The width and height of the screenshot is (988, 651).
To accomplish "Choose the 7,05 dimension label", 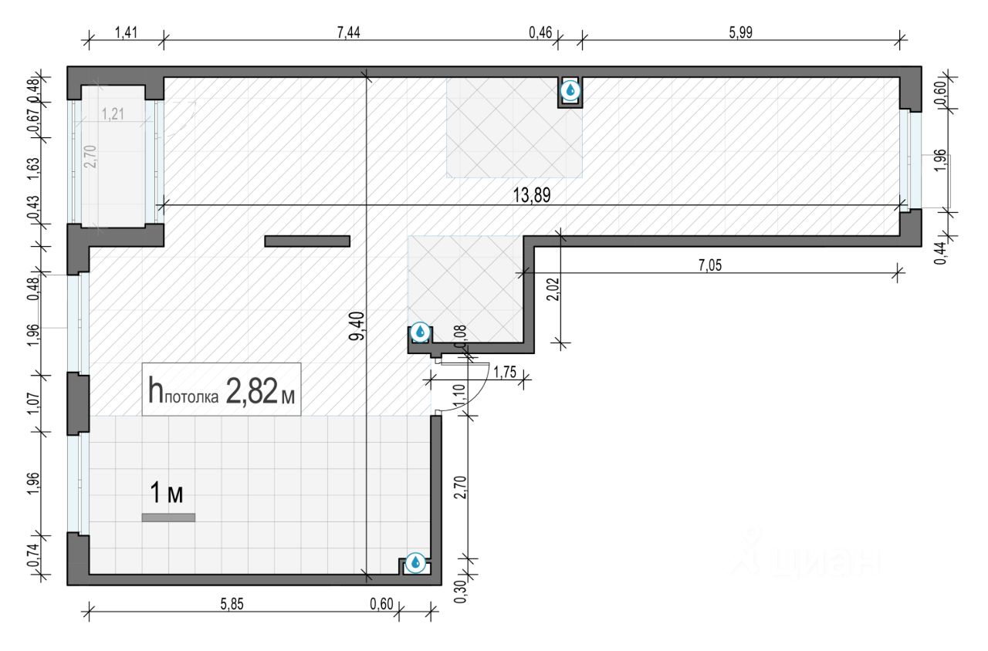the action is point(712,265).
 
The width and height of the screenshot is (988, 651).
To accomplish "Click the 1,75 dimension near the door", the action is point(503,371).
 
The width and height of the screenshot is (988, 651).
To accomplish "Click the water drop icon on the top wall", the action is point(570,91).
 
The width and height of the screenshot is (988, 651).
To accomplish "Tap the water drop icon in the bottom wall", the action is point(415,562).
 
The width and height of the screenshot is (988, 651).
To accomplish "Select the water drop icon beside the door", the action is point(420,332).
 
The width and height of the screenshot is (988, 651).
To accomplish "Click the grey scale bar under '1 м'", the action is point(168,518).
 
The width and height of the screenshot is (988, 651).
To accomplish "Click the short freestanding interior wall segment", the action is point(307,241).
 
